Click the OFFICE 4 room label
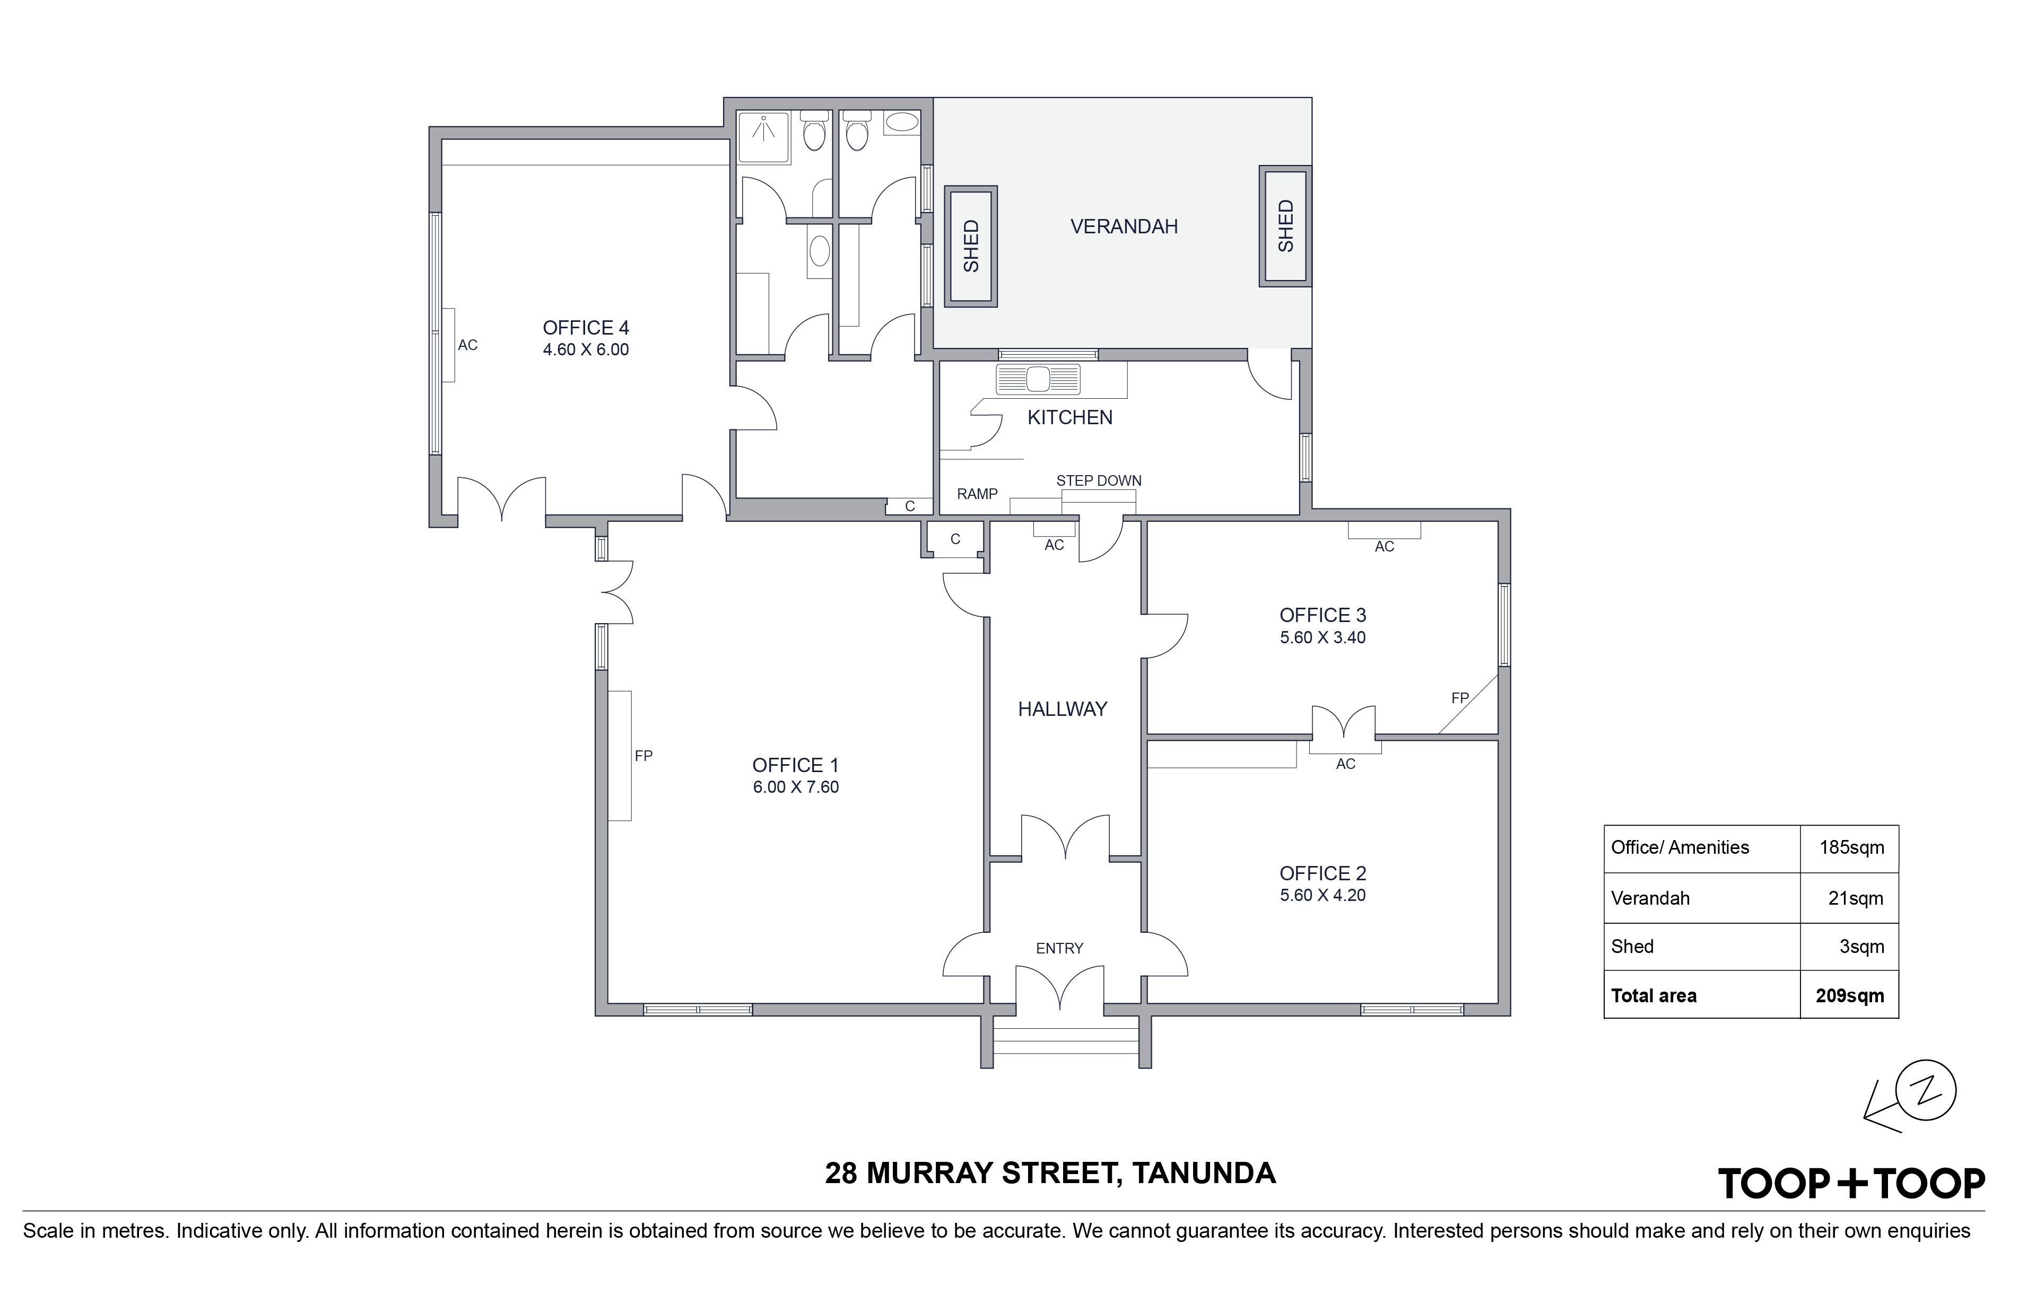pos(585,328)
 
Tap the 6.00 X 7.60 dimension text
pos(795,786)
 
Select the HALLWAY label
pos(1062,710)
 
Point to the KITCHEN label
pos(1070,417)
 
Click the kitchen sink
pos(1039,379)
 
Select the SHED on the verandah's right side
pos(1285,225)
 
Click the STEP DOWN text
pos(1099,480)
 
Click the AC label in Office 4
pos(467,345)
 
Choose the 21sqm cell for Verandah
pos(1855,898)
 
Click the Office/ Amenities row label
pos(1680,847)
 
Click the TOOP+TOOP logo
pos(1851,1183)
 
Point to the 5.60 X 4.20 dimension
pos(1323,895)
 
